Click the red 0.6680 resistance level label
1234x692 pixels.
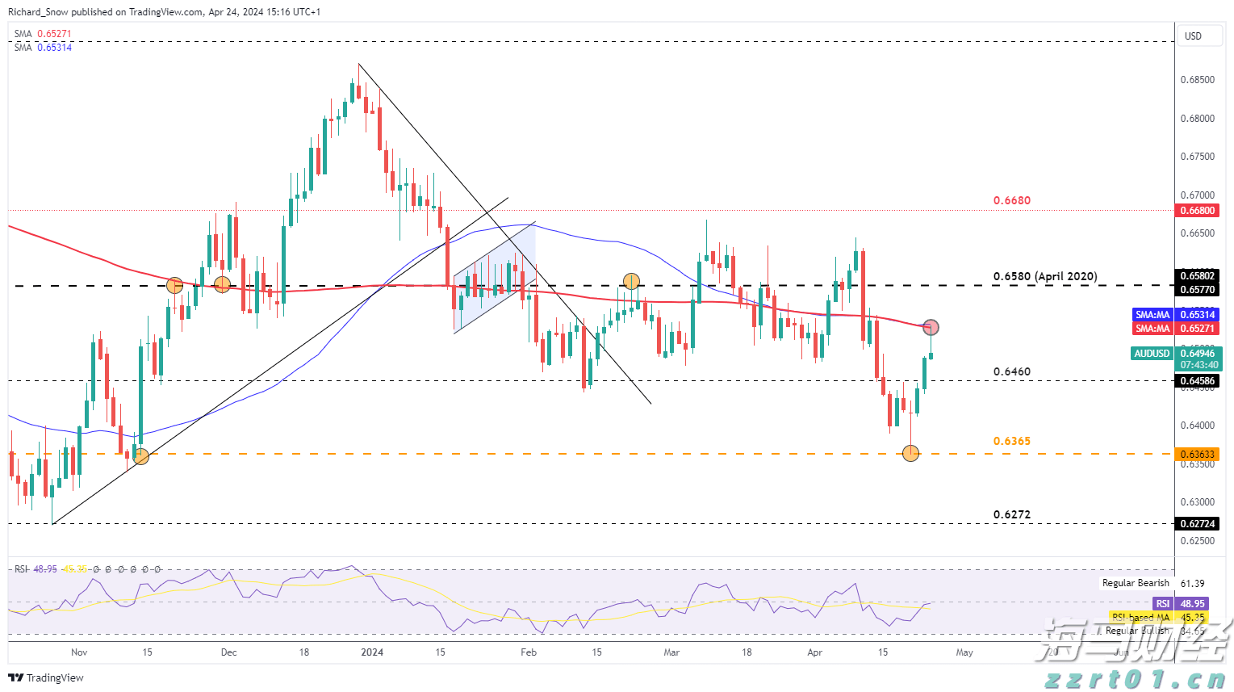click(x=1011, y=200)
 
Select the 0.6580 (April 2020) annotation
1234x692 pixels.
click(x=1044, y=276)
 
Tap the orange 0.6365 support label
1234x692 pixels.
click(x=1011, y=441)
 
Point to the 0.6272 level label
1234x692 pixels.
click(x=1011, y=514)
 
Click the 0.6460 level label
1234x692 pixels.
click(x=1011, y=371)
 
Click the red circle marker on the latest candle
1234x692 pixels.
click(x=931, y=327)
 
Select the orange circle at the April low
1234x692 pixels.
click(x=910, y=454)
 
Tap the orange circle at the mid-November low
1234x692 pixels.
click(x=140, y=456)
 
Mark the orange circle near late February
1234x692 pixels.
click(x=631, y=281)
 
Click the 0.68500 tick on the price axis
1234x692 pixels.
click(x=1197, y=80)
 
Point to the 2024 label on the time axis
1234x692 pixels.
click(x=372, y=652)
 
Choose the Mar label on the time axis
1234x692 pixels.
click(x=671, y=652)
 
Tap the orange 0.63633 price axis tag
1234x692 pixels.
click(x=1197, y=455)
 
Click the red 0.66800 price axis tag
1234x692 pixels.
click(x=1197, y=211)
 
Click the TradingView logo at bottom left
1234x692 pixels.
click(x=46, y=677)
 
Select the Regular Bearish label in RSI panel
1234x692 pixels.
click(x=1136, y=583)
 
